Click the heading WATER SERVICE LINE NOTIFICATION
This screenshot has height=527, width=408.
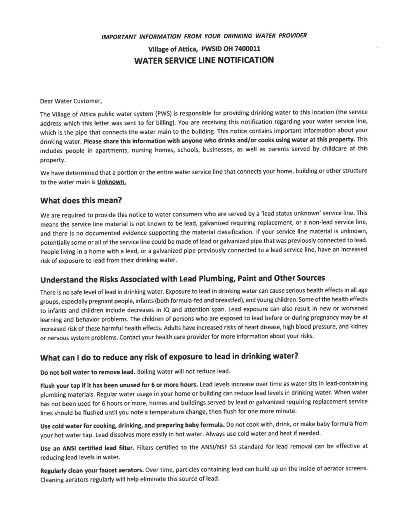tap(204, 60)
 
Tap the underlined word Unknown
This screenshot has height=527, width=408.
tap(111, 182)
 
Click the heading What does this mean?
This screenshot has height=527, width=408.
tap(81, 201)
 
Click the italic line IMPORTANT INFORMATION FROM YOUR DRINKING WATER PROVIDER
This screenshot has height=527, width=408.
tap(204, 36)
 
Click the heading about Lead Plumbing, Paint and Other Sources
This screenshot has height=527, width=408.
tap(183, 279)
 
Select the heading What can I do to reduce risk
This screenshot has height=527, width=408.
tap(169, 357)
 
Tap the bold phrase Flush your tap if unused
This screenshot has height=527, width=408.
tap(119, 385)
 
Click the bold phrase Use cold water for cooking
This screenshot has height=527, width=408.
tap(132, 426)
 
